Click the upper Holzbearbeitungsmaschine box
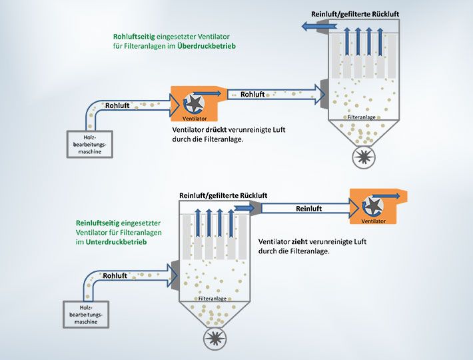coord(90,143)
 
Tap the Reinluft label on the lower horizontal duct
coord(309,209)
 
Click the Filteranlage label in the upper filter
coord(362,117)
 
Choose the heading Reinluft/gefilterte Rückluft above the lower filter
coord(223,195)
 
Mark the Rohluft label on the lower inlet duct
coord(115,275)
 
